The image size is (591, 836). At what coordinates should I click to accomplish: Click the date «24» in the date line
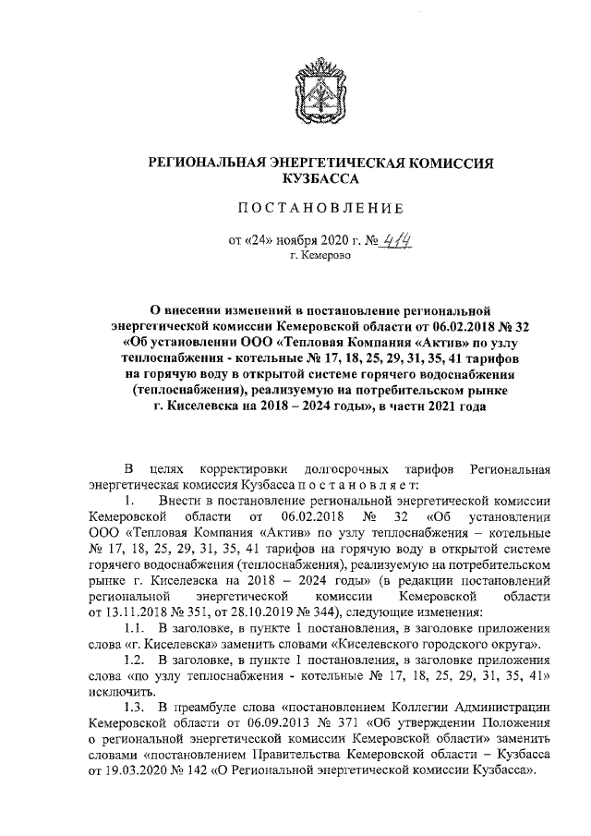260,242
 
